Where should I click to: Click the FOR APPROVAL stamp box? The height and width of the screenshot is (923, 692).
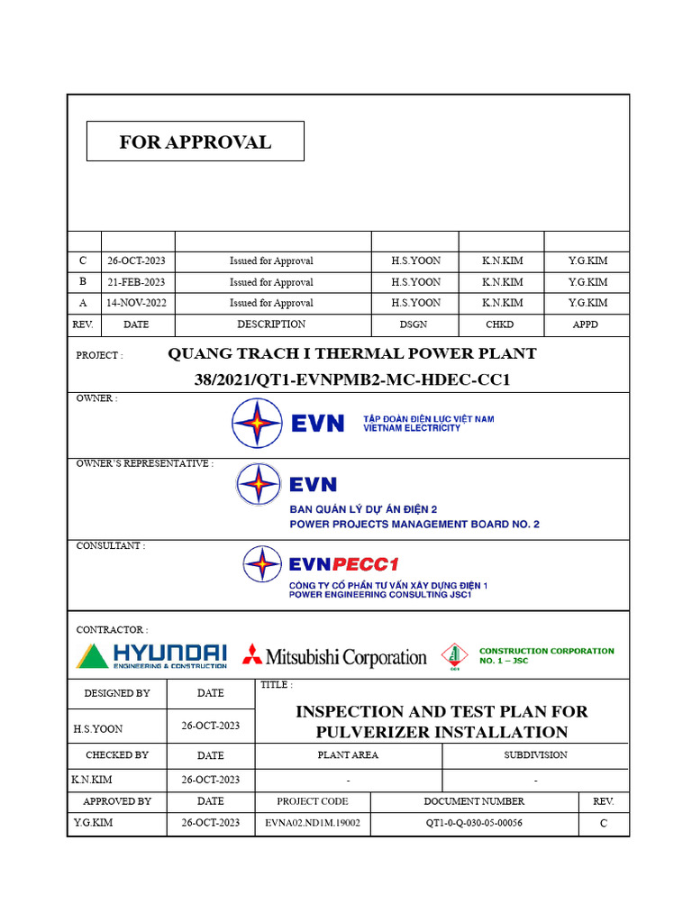point(195,142)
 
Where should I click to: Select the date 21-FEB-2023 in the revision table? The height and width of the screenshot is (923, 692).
point(136,282)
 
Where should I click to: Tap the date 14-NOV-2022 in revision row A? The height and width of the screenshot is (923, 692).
point(136,304)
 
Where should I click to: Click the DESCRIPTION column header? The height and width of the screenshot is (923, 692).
point(271,324)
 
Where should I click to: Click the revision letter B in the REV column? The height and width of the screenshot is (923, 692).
point(83,282)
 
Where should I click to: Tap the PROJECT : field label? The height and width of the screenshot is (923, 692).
point(99,355)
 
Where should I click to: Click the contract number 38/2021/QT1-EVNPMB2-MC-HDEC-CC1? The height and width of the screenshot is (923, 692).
point(352,379)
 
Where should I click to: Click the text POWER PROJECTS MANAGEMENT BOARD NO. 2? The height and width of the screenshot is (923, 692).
point(414,525)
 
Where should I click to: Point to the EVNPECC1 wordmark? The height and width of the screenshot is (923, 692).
point(343,565)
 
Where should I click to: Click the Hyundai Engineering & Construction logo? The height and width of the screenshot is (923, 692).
point(151,656)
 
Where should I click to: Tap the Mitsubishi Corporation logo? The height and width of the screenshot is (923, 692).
point(334,657)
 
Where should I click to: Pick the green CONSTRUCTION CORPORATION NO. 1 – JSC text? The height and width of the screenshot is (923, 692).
point(546,655)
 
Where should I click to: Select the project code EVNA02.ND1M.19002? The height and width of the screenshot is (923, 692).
point(313,823)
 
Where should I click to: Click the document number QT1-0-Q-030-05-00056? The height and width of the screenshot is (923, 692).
point(474,823)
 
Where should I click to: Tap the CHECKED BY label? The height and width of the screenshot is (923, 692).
point(117,755)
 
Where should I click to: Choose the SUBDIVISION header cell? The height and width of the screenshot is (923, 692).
point(535,755)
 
